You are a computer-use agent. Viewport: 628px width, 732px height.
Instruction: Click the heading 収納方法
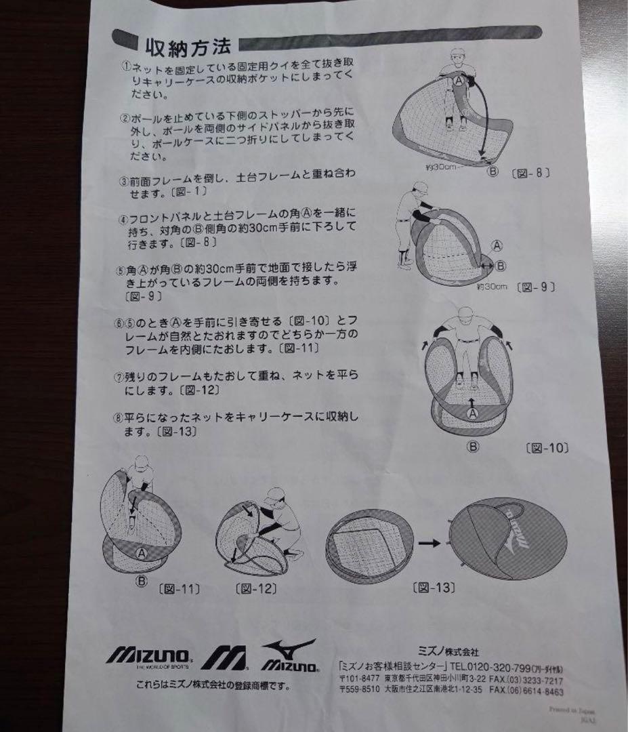click(188, 47)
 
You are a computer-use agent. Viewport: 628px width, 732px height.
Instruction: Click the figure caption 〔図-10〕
click(546, 448)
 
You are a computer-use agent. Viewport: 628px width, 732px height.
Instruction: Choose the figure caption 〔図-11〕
click(179, 588)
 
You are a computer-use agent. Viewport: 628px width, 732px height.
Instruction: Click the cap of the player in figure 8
click(459, 53)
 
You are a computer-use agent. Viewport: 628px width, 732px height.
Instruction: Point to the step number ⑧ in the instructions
click(119, 416)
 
